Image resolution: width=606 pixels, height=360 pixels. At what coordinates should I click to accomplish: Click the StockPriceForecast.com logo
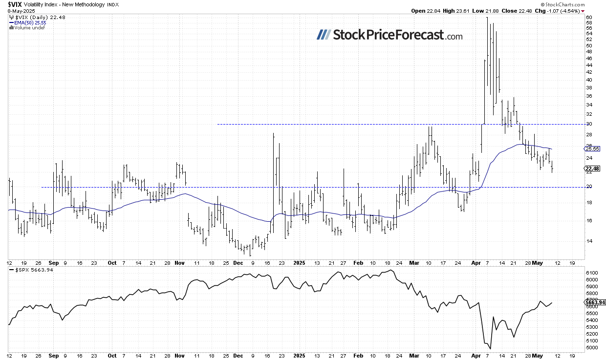coord(389,35)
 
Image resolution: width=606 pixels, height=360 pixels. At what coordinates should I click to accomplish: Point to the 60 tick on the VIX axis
coord(589,18)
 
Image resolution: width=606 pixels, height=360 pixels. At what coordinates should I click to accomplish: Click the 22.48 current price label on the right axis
coord(592,169)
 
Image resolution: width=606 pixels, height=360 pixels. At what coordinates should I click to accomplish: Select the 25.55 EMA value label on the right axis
coord(592,148)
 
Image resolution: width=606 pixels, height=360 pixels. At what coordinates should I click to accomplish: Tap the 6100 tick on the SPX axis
coord(591,273)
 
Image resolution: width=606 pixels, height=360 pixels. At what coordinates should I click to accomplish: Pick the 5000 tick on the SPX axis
coord(591,348)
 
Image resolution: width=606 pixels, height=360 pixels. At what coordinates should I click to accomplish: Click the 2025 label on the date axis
coord(299,262)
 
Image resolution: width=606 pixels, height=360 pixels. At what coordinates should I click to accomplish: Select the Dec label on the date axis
coord(238,262)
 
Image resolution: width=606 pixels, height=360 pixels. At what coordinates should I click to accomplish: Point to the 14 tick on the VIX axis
coord(589,241)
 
